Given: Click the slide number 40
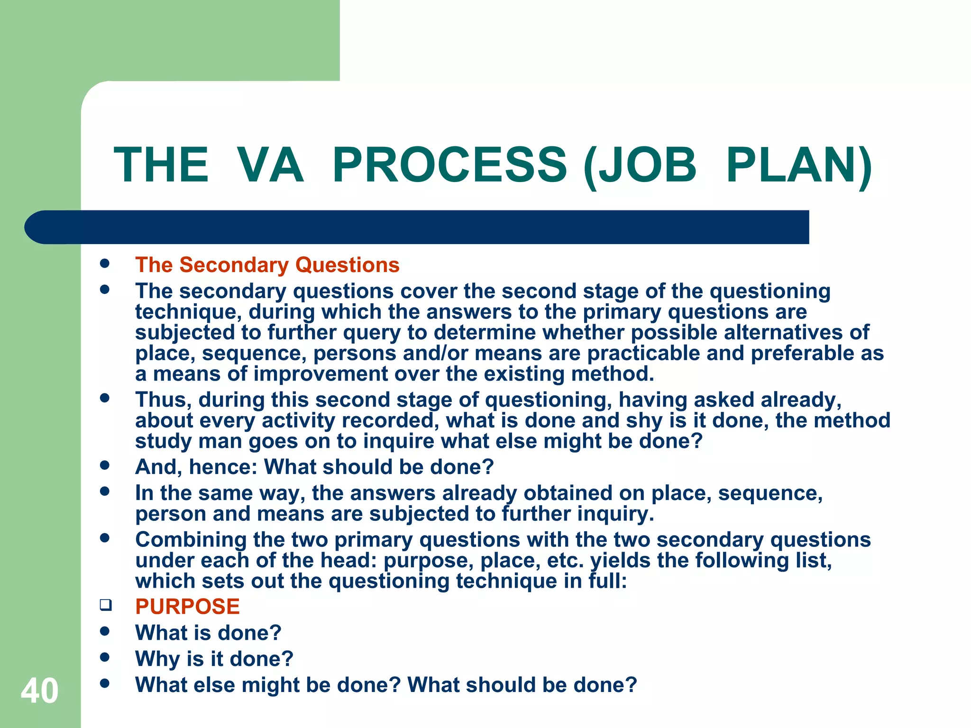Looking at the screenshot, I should (39, 691).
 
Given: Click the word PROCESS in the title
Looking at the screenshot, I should (449, 165).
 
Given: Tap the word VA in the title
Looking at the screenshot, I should (270, 165).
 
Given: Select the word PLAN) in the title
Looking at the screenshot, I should (798, 165).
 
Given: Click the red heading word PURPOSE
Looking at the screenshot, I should (187, 607).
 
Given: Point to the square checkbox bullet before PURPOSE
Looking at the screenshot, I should (105, 605).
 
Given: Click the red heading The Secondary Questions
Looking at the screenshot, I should (267, 265).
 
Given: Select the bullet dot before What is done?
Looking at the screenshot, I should (105, 631).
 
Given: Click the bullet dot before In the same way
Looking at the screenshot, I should (105, 491).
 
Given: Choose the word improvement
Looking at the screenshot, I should (321, 374).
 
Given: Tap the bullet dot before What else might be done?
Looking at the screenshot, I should (105, 683).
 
